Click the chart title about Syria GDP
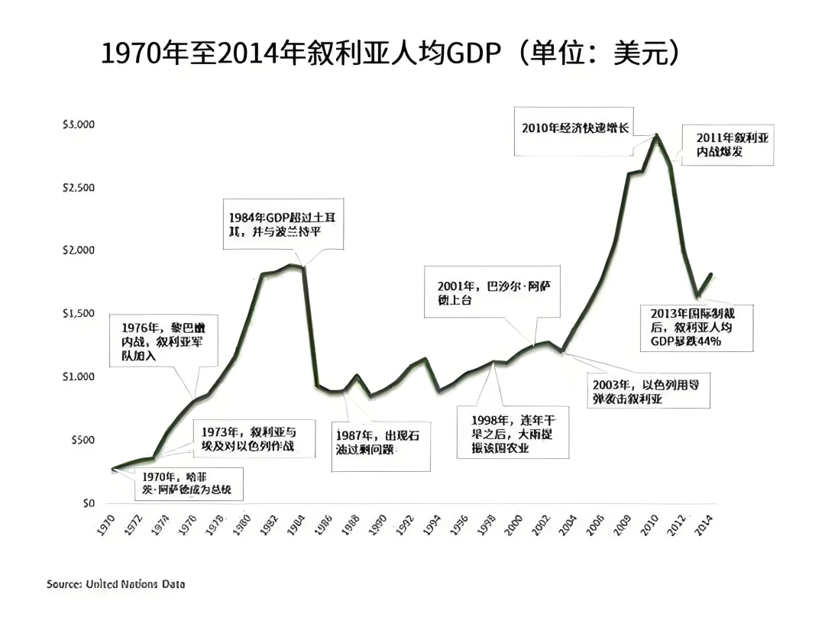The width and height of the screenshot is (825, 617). [390, 54]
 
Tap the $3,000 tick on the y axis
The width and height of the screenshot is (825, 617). [79, 124]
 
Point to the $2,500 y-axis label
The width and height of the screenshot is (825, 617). [79, 188]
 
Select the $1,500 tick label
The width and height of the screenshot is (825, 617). [79, 314]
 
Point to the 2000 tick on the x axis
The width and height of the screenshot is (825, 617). [515, 525]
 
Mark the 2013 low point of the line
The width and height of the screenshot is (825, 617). [697, 296]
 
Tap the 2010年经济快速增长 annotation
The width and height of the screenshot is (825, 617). [574, 128]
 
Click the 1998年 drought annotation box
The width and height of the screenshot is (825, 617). [513, 434]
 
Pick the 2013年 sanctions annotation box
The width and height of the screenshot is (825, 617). [696, 328]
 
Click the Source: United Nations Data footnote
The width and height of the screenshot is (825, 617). [115, 584]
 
